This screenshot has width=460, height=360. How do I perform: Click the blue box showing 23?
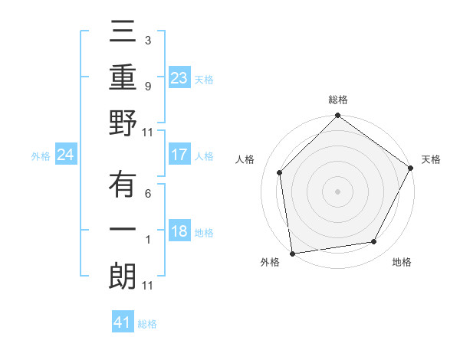pyautogui.click(x=179, y=77)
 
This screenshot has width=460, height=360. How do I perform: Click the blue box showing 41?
pyautogui.click(x=123, y=322)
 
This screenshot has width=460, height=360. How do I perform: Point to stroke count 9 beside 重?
pyautogui.click(x=148, y=87)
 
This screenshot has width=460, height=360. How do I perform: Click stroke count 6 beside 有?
pyautogui.click(x=148, y=195)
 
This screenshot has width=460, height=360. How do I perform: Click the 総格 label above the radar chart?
pyautogui.click(x=338, y=100)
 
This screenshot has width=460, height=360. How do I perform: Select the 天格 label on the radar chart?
pyautogui.click(x=431, y=159)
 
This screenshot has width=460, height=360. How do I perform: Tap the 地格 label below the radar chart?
pyautogui.click(x=402, y=262)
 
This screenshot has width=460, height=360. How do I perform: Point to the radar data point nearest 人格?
pyautogui.click(x=280, y=172)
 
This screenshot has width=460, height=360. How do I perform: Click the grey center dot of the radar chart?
pyautogui.click(x=338, y=191)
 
